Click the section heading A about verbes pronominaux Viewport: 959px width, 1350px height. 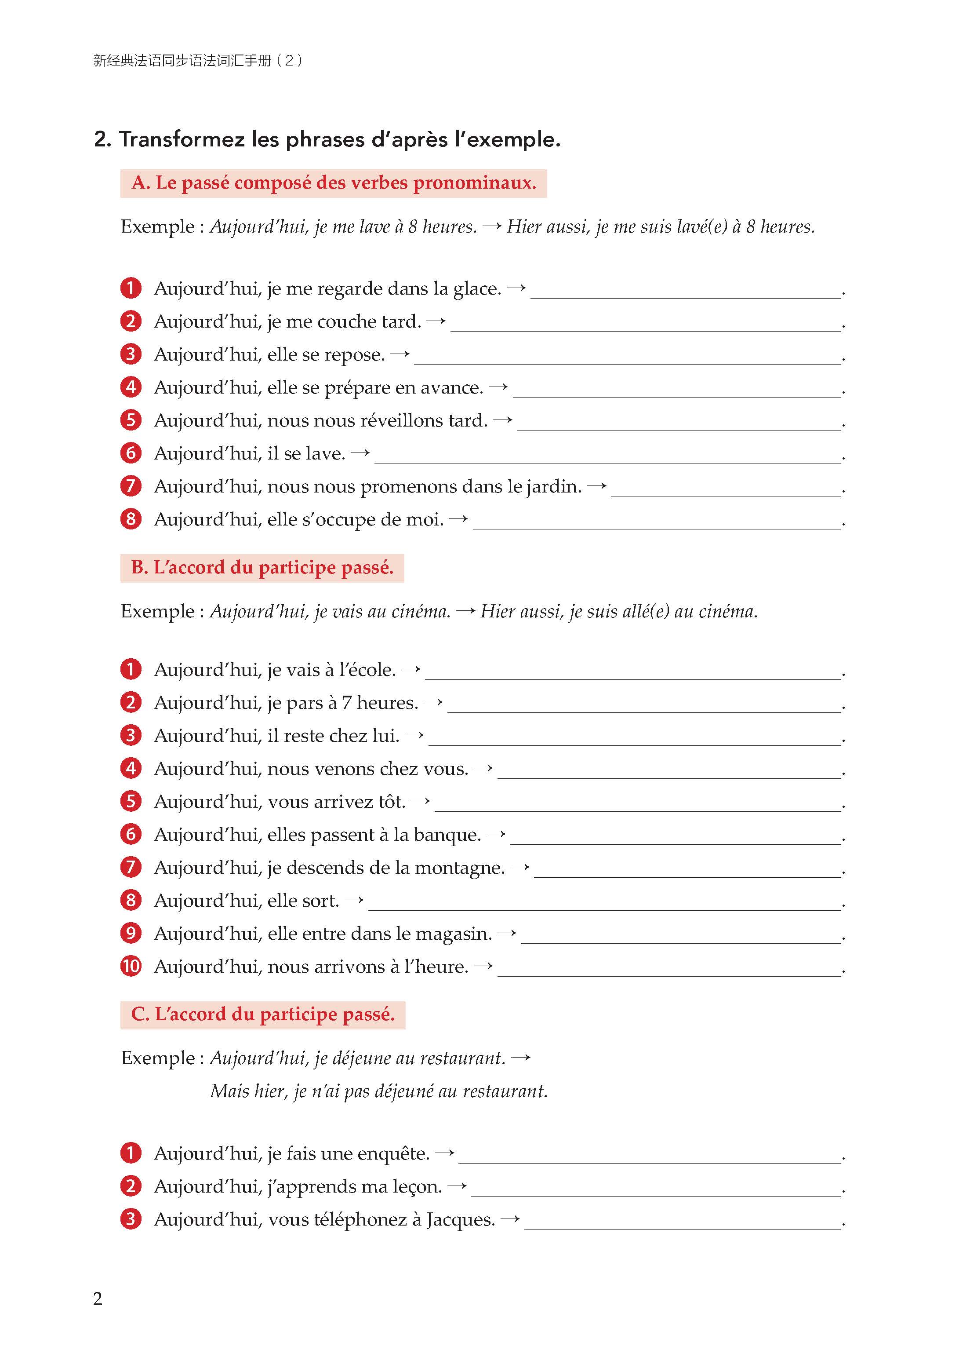pyautogui.click(x=334, y=183)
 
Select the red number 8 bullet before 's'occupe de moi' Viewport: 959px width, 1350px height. pyautogui.click(x=131, y=519)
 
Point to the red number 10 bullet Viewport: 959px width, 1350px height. pyautogui.click(x=131, y=966)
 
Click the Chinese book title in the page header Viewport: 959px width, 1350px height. pyautogui.click(x=198, y=60)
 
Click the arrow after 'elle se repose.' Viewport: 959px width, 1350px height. pyautogui.click(x=400, y=354)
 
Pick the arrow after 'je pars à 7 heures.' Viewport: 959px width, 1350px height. pyautogui.click(x=433, y=702)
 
